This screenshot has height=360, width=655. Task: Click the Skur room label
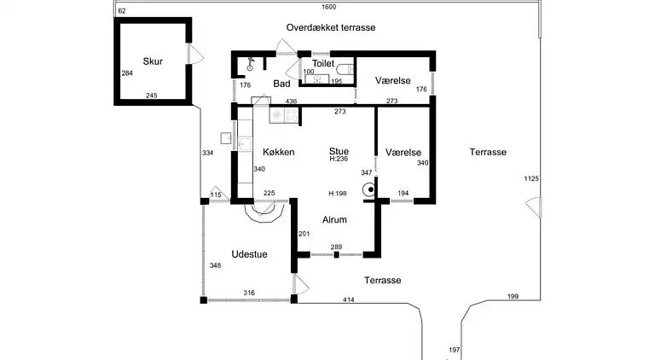(x=153, y=61)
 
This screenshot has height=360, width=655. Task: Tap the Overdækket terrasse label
(x=331, y=27)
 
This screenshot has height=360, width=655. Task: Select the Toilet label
(x=323, y=63)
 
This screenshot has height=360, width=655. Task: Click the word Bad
(x=282, y=84)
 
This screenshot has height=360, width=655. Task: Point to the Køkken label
(x=279, y=152)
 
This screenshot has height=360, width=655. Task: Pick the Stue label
(x=339, y=151)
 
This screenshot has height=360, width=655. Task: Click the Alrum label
(x=334, y=219)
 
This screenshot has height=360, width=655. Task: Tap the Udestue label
(x=250, y=254)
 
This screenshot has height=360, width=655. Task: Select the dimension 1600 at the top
(x=328, y=7)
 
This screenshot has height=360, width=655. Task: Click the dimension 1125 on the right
(x=531, y=178)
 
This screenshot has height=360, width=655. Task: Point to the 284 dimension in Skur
(x=127, y=73)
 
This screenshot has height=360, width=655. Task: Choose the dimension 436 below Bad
(x=291, y=102)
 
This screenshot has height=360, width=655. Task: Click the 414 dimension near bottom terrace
(x=349, y=299)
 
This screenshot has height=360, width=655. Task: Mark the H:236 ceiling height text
(x=339, y=160)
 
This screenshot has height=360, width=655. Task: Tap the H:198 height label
(x=338, y=194)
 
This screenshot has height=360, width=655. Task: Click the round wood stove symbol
(x=369, y=192)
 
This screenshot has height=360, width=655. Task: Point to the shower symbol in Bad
(x=252, y=64)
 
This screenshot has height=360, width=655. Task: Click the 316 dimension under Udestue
(x=249, y=293)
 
